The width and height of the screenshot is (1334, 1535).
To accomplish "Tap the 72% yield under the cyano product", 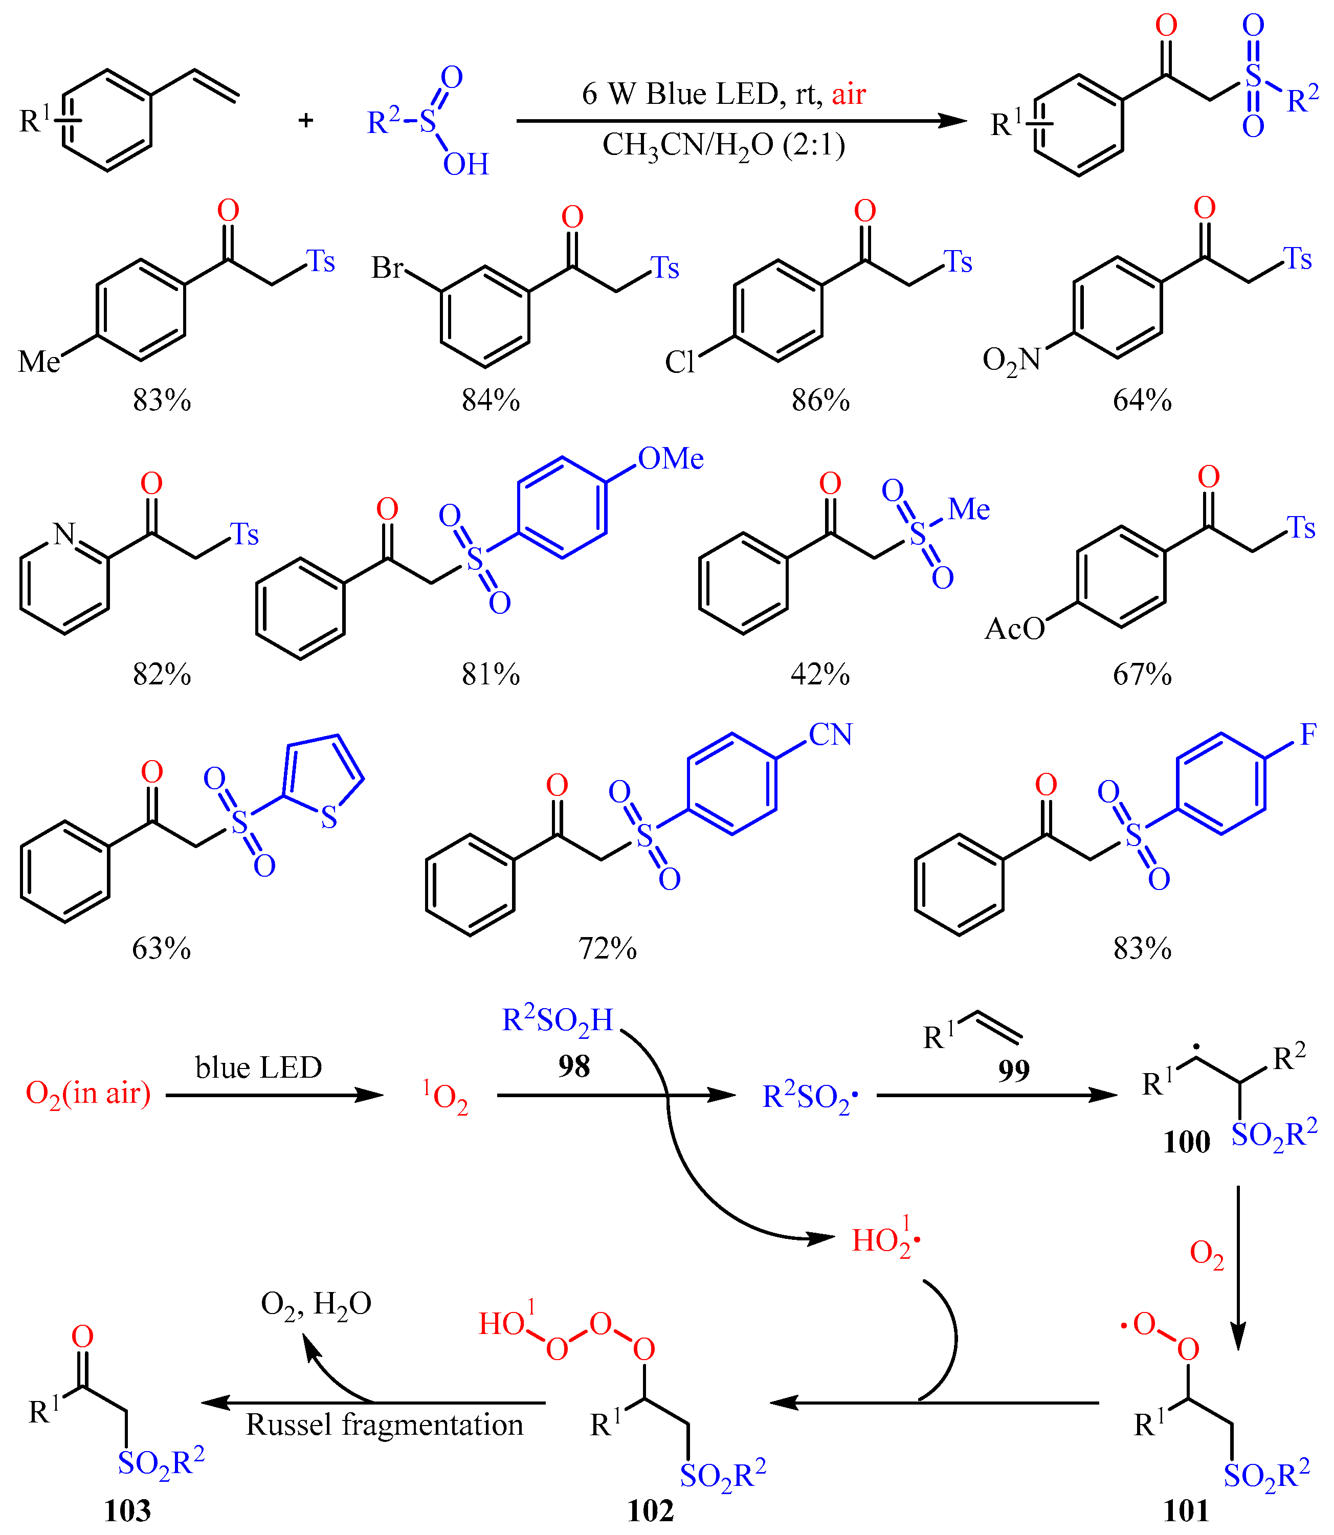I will coord(608,948).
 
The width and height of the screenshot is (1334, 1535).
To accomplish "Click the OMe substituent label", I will coord(671,459).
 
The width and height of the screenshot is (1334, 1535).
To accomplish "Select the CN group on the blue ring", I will coord(830,735).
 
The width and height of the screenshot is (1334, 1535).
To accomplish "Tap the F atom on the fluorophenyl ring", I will coord(1308,735).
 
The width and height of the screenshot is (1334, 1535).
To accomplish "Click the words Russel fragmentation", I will coord(384,1424).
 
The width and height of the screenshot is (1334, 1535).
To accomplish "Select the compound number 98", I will coord(574,1066).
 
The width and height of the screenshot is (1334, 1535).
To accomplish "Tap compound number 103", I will coord(127,1510).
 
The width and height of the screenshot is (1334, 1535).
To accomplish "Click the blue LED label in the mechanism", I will coord(258,1067).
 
